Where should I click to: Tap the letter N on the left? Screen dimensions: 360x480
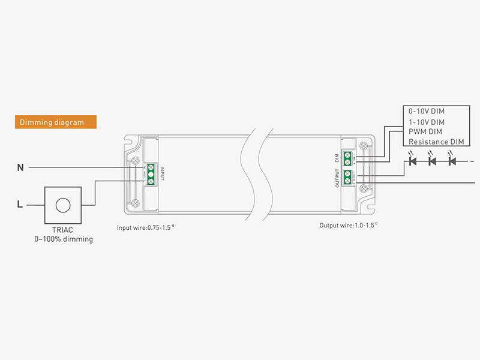(20, 168)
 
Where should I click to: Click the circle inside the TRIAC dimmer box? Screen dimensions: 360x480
(62, 205)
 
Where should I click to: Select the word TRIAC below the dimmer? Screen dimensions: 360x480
(63, 230)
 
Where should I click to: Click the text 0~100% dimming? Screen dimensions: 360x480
(63, 239)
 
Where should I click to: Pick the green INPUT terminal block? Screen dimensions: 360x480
(152, 172)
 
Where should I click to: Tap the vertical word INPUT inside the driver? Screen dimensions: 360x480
(162, 172)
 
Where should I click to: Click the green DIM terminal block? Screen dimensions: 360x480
(347, 157)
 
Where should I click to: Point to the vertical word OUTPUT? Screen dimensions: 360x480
(337, 179)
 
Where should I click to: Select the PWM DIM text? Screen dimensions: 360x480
(426, 131)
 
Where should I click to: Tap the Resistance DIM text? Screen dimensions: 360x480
(436, 142)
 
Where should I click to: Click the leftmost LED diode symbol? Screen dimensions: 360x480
(412, 161)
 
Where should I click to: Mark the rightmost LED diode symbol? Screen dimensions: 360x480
(452, 161)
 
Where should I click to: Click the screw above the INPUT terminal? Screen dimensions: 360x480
(136, 160)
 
